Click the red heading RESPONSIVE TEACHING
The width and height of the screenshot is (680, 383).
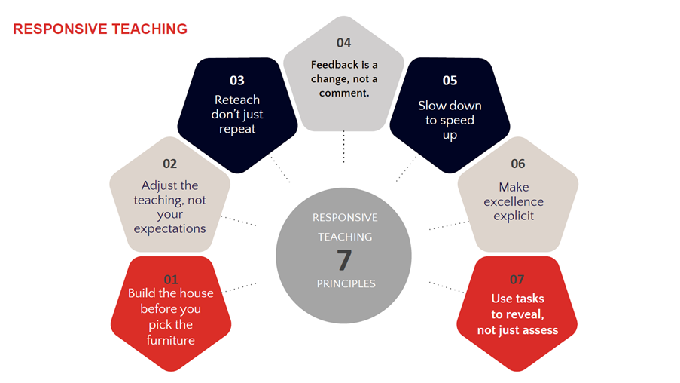(100, 29)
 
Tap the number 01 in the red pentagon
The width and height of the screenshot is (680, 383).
(171, 279)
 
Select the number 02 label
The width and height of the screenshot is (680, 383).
(170, 164)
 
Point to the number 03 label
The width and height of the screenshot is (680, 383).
(237, 81)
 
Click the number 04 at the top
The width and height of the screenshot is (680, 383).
(343, 43)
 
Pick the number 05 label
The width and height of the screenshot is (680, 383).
(450, 81)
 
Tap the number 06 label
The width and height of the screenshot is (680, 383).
(518, 164)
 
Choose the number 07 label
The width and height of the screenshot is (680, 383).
(517, 279)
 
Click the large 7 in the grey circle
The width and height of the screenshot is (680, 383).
(344, 260)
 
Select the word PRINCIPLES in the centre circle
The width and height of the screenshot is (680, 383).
(346, 283)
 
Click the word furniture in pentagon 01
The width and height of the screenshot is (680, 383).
(170, 340)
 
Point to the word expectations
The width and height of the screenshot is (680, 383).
(169, 229)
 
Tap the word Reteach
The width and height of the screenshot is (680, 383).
(237, 100)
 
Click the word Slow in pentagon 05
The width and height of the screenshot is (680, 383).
(429, 106)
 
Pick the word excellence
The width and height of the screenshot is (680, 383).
(514, 201)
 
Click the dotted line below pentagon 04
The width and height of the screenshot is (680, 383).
(344, 147)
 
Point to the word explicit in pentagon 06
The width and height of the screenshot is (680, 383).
(514, 216)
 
